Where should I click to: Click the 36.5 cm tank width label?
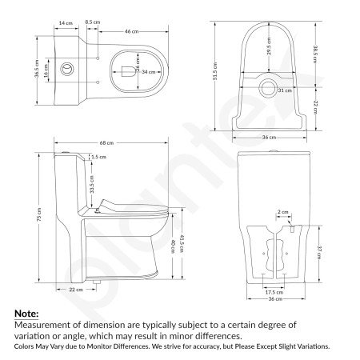[37, 69]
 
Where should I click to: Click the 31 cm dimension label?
[282, 91]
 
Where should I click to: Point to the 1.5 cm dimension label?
[98, 158]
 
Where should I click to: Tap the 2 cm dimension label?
[282, 212]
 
